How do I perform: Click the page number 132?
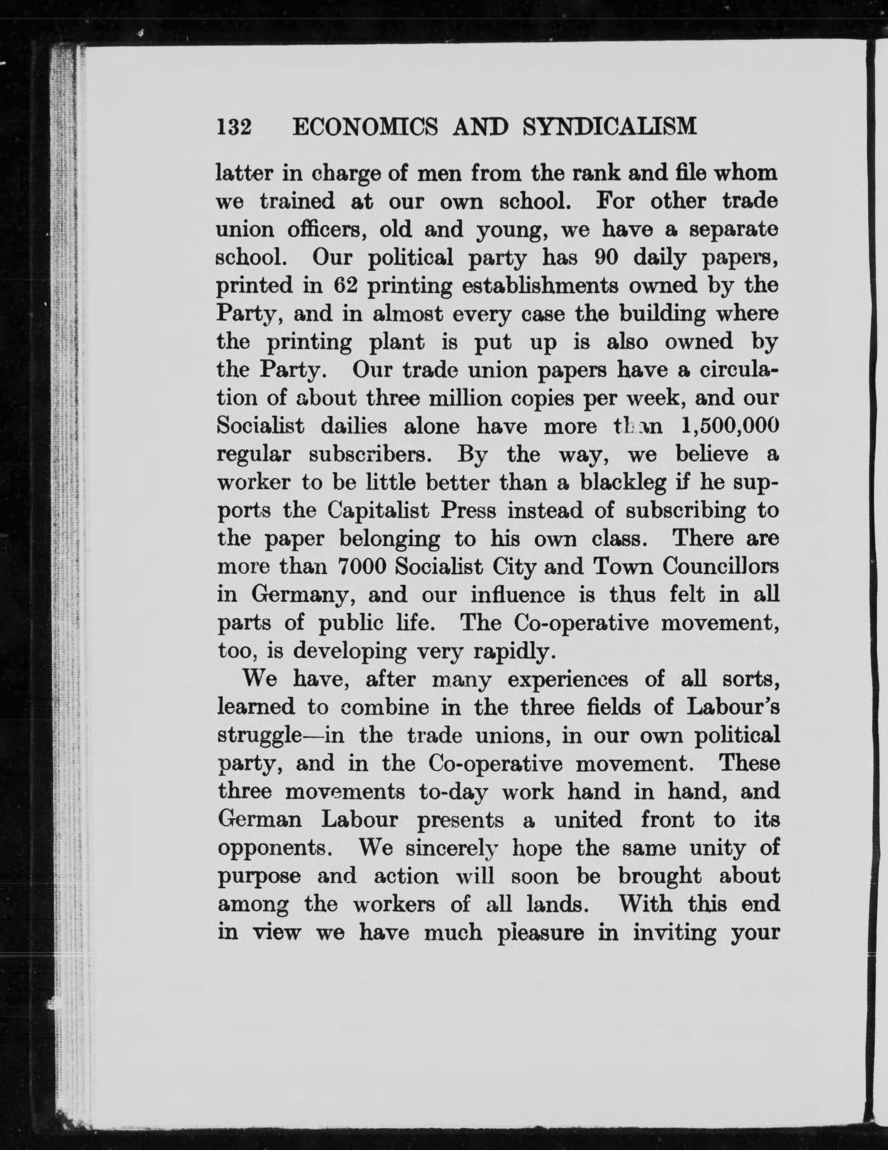pos(235,127)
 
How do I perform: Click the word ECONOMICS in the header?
pos(364,127)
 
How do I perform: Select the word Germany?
pos(299,595)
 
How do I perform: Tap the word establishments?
pos(547,286)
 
